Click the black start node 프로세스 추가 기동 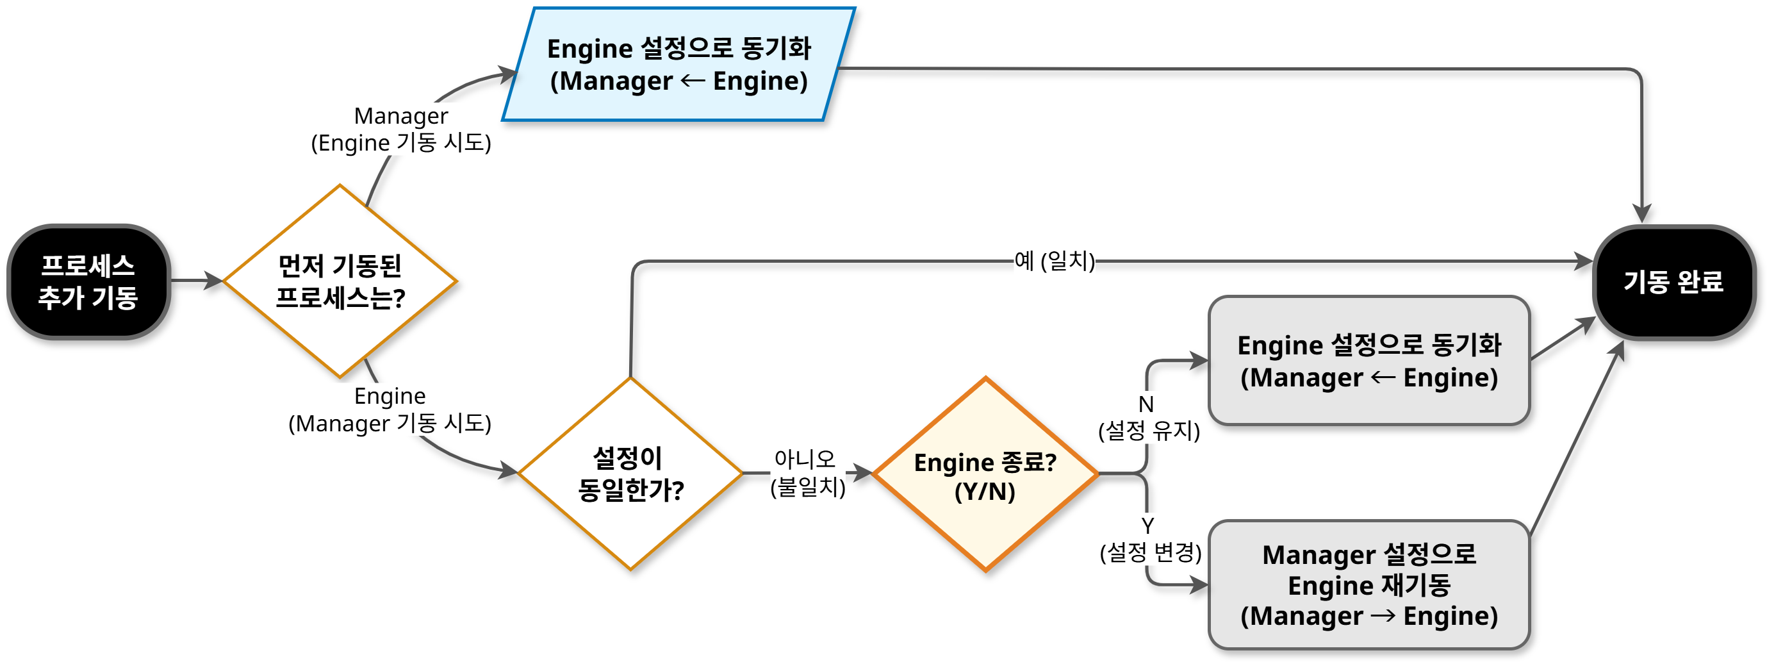pos(88,281)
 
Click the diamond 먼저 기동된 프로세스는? pos(340,281)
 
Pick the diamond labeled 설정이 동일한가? pos(630,474)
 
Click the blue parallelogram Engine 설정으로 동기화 pos(678,65)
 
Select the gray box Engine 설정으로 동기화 pos(1368,361)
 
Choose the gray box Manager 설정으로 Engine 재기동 pos(1368,584)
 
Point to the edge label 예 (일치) pos(1055,261)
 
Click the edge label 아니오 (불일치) pos(807,473)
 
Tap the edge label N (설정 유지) pos(1148,417)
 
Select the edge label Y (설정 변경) pos(1149,539)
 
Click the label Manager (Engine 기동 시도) pos(401,129)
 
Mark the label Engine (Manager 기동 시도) pos(390,410)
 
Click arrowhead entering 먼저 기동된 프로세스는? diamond pos(215,281)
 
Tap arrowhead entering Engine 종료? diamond pos(864,473)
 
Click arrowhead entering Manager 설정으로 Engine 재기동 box pos(1201,585)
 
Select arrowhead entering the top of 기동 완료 pos(1641,214)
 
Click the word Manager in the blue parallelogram pos(615,81)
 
